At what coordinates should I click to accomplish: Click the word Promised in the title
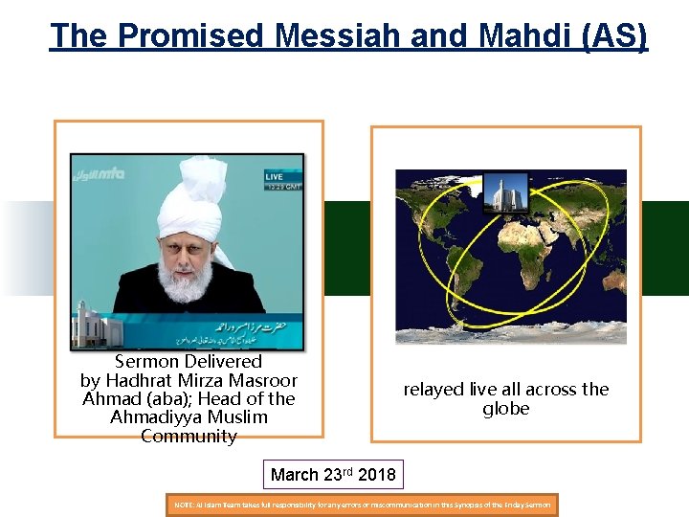[x=191, y=36]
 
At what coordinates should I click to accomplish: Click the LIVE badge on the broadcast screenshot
[x=275, y=177]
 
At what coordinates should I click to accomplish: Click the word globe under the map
[x=506, y=409]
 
